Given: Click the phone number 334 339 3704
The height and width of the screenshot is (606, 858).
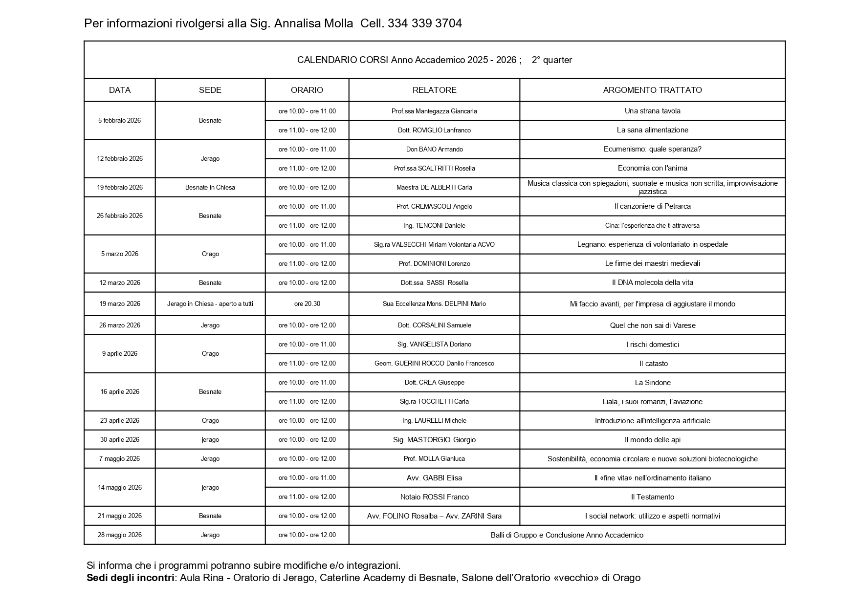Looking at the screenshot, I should click(x=424, y=23).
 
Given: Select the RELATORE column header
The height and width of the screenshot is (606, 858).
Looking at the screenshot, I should click(x=434, y=90).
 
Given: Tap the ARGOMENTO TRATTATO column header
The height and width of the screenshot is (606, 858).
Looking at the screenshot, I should click(x=652, y=90).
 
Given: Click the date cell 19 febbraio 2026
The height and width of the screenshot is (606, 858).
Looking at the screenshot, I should click(x=120, y=187).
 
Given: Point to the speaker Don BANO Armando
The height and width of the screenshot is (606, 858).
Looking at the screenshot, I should click(x=434, y=149).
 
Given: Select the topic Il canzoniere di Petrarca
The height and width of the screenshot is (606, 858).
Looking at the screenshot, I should click(x=652, y=206).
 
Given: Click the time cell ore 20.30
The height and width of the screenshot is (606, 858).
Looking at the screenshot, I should click(x=307, y=303).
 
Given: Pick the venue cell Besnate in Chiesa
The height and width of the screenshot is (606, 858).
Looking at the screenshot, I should click(x=210, y=187).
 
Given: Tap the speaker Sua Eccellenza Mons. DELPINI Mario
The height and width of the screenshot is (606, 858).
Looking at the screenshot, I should click(x=434, y=303).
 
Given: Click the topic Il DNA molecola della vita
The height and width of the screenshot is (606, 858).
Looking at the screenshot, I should click(x=652, y=282).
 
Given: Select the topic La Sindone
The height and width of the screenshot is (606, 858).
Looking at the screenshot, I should click(x=652, y=383).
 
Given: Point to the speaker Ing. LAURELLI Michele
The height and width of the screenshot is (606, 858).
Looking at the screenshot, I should click(x=434, y=420).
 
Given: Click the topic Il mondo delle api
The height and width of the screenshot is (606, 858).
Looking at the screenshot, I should click(x=652, y=440).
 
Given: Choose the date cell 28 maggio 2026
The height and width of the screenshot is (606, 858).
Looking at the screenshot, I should click(x=120, y=535).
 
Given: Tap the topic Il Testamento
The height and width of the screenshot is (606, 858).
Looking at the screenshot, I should click(x=652, y=497).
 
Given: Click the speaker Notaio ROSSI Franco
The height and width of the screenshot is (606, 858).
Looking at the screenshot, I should click(x=434, y=497).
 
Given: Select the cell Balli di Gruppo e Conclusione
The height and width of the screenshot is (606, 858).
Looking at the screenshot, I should click(x=567, y=535).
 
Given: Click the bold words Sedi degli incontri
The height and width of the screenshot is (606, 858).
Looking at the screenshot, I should click(x=131, y=578).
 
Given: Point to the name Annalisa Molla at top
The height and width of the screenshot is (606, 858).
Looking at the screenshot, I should click(x=313, y=23).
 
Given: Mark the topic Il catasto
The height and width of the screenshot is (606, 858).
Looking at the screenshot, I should click(x=652, y=364).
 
